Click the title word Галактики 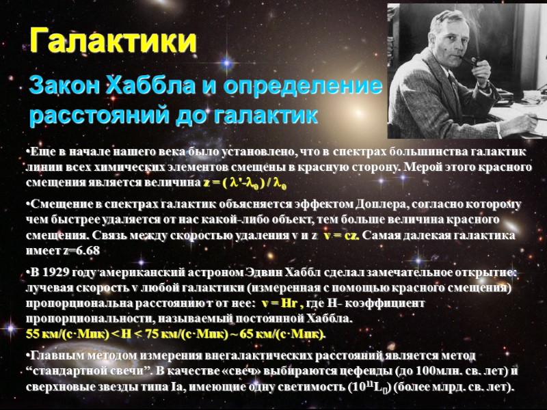click(114, 41)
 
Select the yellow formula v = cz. click(342, 236)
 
